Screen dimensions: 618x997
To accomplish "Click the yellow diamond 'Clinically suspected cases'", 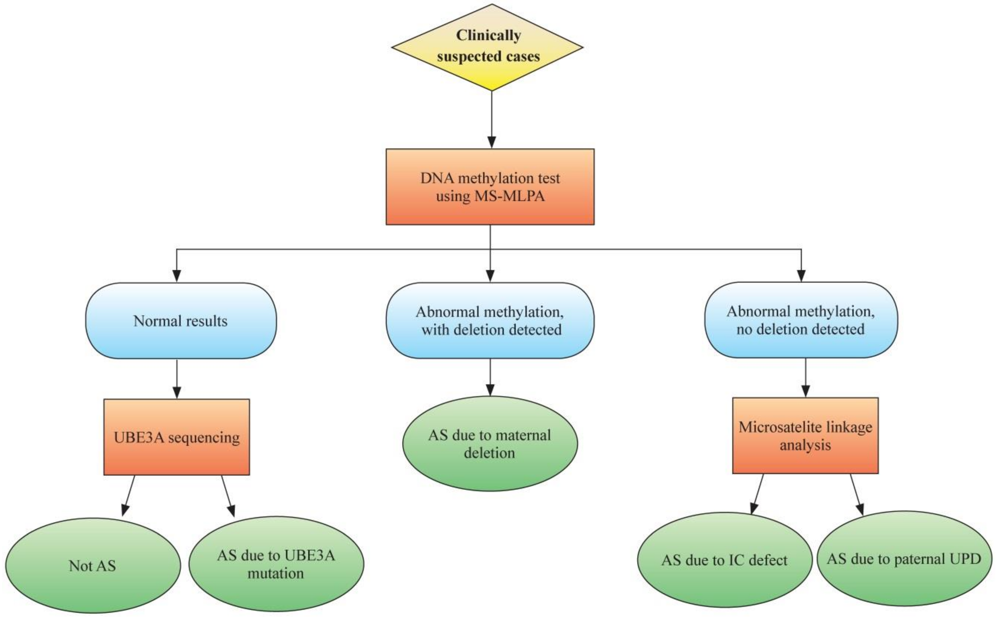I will [487, 47].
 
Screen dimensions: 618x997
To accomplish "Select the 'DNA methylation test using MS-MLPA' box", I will [490, 186].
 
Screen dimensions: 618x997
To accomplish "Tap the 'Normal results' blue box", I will [181, 321].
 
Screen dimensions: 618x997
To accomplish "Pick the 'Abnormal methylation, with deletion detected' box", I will [490, 321].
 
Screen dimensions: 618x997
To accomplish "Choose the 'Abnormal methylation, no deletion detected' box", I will [801, 320].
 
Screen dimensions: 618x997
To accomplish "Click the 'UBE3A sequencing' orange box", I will [177, 437].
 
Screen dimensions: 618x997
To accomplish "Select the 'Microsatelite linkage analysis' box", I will [805, 436].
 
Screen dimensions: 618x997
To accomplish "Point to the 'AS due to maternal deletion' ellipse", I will [490, 444].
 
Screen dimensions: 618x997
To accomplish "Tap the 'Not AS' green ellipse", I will [93, 566].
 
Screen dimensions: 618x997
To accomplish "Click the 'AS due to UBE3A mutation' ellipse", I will [276, 564].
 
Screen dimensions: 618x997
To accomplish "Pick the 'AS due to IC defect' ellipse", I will [724, 560].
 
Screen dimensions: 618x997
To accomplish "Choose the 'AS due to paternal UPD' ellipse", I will [904, 558].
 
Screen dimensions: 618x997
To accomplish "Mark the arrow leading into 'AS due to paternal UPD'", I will [856, 494].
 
